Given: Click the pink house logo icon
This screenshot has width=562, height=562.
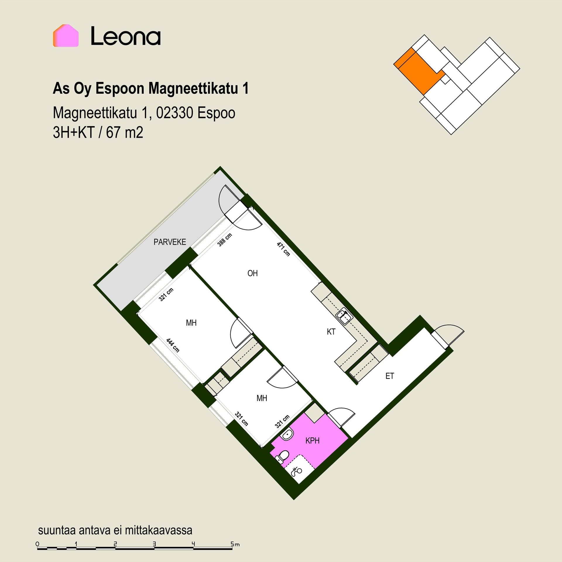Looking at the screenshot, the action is click(x=66, y=35).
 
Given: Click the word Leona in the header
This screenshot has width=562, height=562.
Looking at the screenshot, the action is click(x=126, y=36).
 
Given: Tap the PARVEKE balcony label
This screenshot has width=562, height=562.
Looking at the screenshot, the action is click(x=170, y=242).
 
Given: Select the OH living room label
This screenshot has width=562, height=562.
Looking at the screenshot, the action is click(x=253, y=273).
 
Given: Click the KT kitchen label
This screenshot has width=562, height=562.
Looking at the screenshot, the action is click(x=331, y=332).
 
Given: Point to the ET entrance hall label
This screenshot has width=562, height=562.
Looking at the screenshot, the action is click(x=390, y=376).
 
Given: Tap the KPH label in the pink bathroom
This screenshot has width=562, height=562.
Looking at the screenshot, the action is click(x=312, y=441).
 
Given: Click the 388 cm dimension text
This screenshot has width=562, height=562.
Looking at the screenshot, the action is click(x=225, y=240).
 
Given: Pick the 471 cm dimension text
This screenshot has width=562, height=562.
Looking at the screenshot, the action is click(x=283, y=249).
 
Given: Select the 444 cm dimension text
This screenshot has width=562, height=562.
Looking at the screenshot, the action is click(x=173, y=345).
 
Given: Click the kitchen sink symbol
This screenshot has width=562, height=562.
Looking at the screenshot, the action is click(x=344, y=317).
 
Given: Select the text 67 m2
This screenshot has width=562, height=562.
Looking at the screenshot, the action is click(x=125, y=132).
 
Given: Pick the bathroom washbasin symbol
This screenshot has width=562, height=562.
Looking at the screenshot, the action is click(x=287, y=434).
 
